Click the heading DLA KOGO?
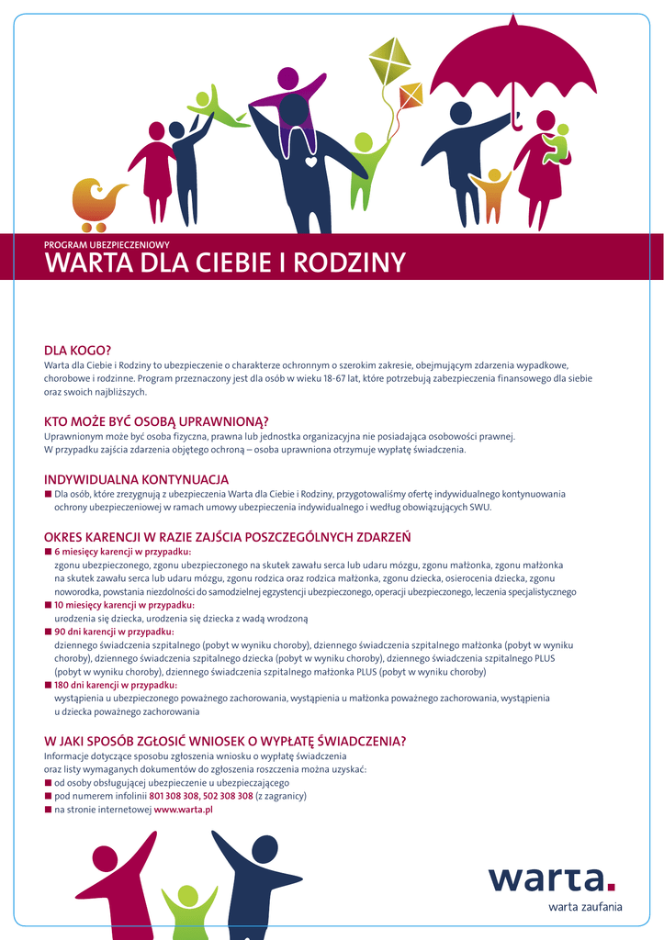coord(78,351)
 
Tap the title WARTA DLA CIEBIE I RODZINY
coord(225,263)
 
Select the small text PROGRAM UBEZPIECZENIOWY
coord(107,245)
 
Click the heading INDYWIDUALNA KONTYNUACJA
coord(137,479)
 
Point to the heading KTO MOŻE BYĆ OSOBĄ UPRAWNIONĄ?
coord(156,421)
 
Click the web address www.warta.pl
coord(184,810)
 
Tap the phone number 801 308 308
coord(174,796)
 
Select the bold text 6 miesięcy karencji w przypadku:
coord(122,552)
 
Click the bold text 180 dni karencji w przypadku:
coord(116,685)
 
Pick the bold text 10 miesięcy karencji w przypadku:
coord(124,605)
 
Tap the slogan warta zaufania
coord(585,907)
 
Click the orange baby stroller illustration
coord(96,203)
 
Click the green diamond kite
coord(389,61)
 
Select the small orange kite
coord(411,94)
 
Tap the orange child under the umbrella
coord(493,193)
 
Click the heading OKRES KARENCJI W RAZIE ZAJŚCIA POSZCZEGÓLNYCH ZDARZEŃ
coord(227,536)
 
